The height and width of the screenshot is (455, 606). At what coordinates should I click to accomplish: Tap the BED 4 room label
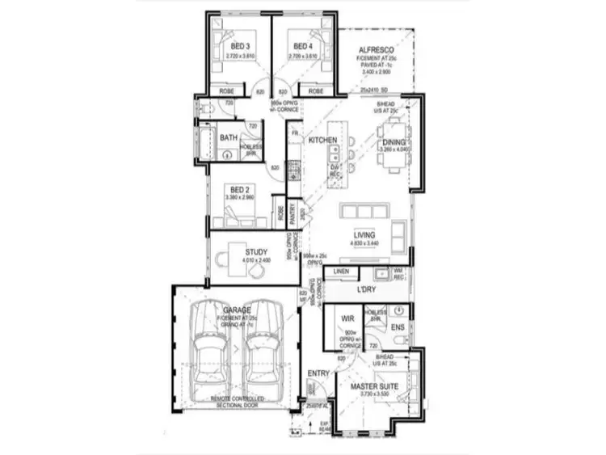(302, 46)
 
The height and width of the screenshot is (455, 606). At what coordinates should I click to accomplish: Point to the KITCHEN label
(323, 141)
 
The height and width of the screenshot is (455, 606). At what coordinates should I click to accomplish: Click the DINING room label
(396, 143)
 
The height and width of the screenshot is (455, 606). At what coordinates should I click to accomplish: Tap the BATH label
(229, 138)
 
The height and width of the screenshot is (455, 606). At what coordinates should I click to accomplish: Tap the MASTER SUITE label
(374, 387)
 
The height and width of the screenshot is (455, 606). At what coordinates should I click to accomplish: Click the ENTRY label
(318, 373)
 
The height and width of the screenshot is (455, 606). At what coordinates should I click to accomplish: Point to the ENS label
(397, 328)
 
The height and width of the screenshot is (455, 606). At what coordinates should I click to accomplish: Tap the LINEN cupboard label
(340, 271)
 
